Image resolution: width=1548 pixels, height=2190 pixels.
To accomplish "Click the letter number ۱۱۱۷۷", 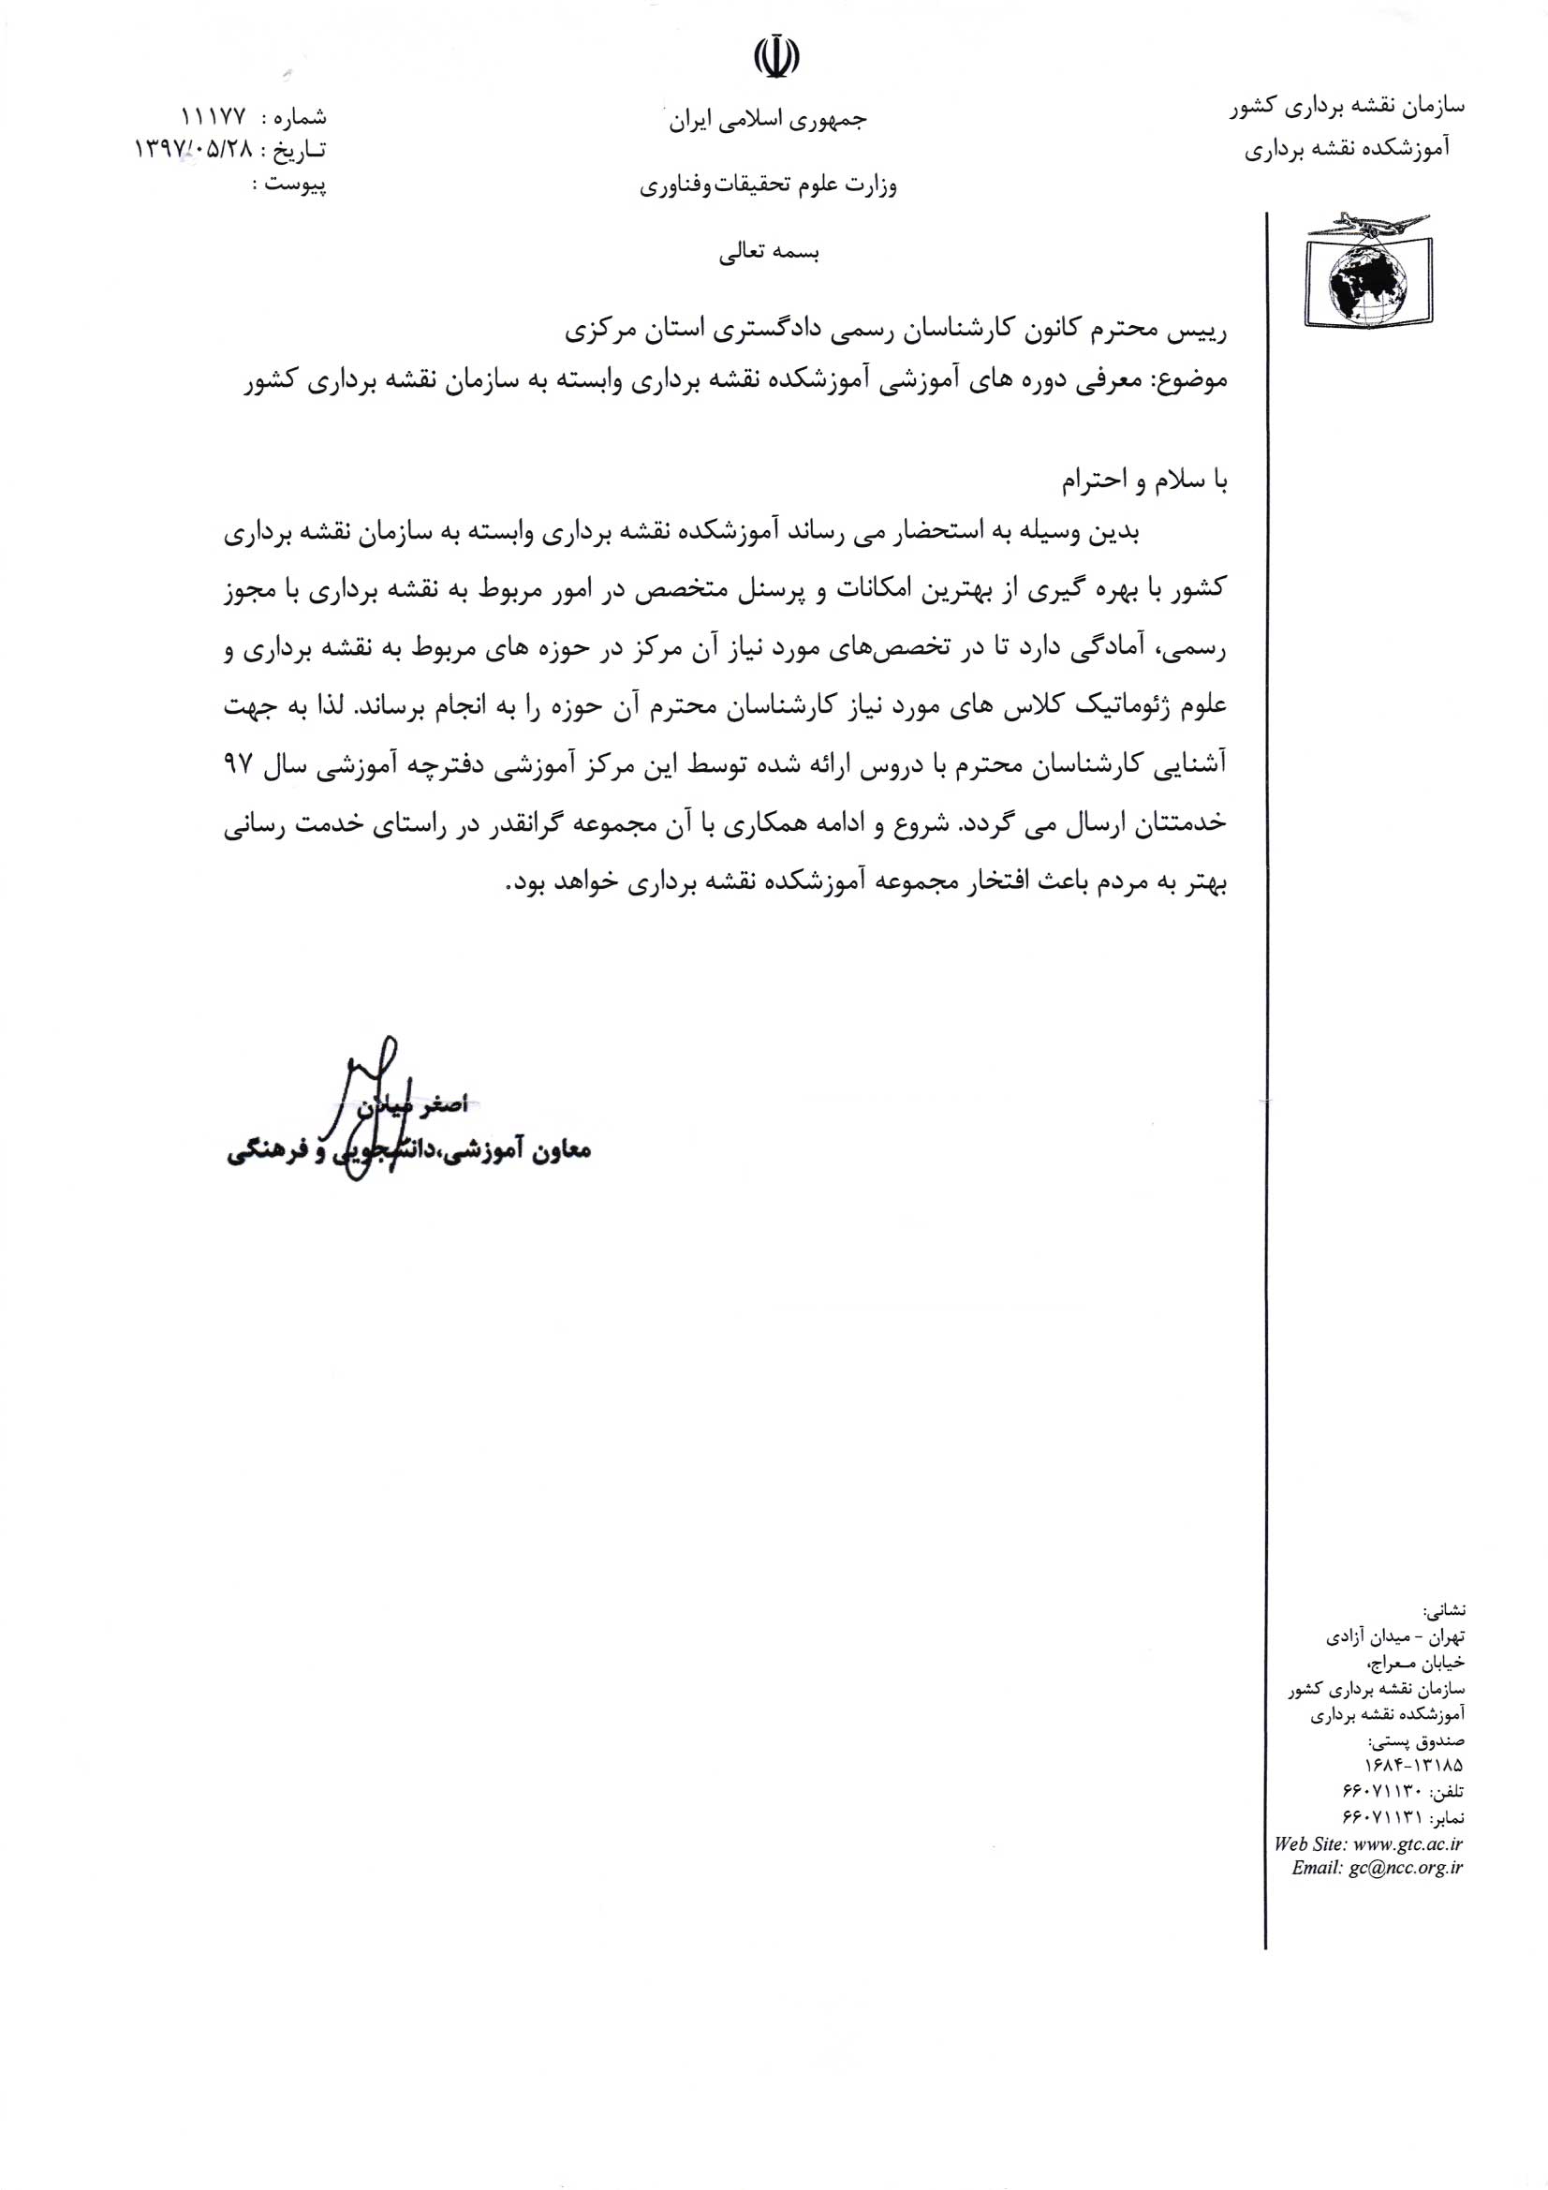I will tap(211, 117).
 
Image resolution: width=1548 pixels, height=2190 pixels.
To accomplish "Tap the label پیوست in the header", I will tap(296, 185).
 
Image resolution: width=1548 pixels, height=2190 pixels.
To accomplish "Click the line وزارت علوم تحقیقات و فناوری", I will tap(768, 185).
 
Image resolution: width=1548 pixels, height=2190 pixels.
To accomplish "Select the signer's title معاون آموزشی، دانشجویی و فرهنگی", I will tap(410, 1151).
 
